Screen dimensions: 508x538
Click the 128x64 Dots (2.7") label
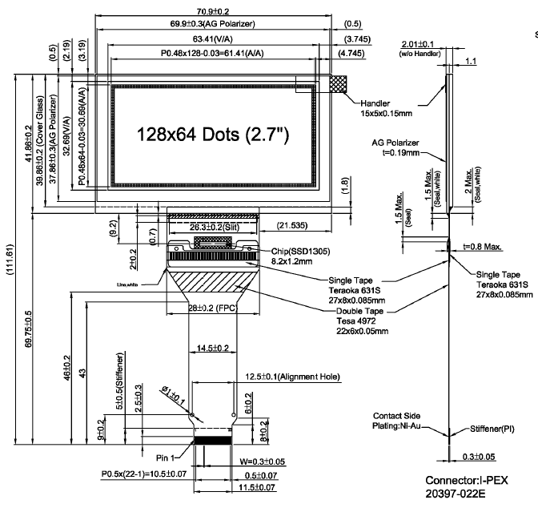point(212,134)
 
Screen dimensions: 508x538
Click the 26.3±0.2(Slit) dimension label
point(213,227)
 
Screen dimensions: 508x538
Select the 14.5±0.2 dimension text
point(214,348)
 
